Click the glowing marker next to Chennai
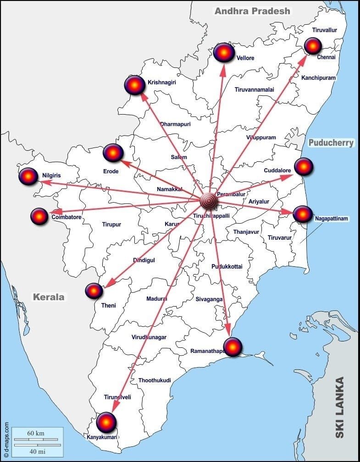coord(313,46)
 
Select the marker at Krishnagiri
coord(135,85)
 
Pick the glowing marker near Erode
coord(113,153)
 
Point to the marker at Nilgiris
coord(28,176)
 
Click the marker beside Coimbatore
coord(39,216)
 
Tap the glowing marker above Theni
coord(94,291)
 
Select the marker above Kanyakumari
coord(106,422)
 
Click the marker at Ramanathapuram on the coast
coord(233,346)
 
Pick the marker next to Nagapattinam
coord(303,214)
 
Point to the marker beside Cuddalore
coord(304,166)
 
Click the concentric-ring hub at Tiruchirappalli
coord(209,201)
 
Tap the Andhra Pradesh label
coord(252,11)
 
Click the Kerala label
coord(49,297)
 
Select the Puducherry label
coord(331,143)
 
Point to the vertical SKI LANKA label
coord(339,407)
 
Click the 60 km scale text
coord(36,433)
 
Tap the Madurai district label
coord(156,299)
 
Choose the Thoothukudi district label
coord(155,380)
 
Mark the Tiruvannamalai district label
coord(254,89)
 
